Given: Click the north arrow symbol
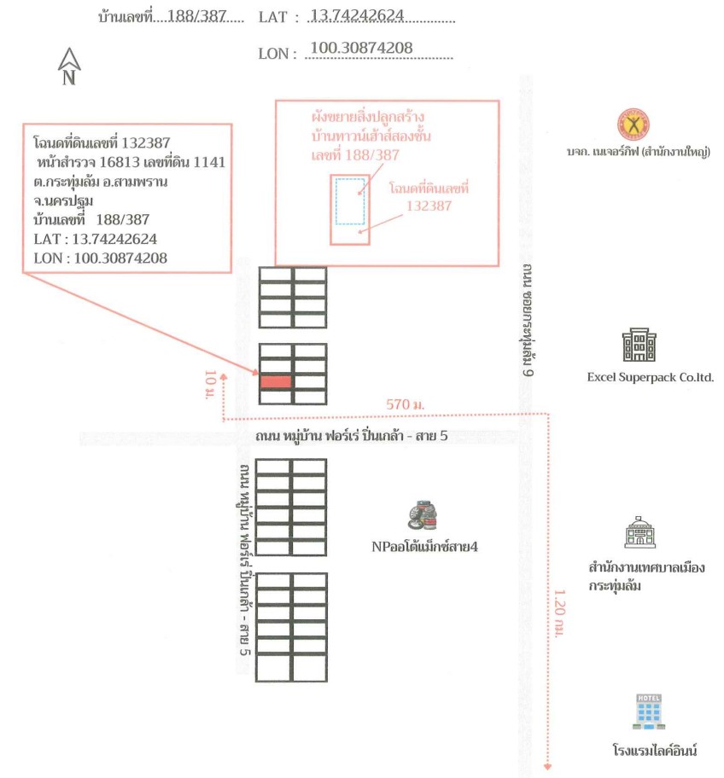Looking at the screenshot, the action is point(69,66).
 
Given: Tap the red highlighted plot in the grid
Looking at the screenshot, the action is point(276,381).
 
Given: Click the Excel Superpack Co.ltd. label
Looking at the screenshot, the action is point(650,378).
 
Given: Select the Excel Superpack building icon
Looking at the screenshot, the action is point(639,345).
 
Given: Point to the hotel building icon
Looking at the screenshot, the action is point(649,711).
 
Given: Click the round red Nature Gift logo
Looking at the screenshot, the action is point(633,124).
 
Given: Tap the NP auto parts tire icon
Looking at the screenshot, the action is point(423,516).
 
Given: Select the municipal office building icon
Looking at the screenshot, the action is point(639,532).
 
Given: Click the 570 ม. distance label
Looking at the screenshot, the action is point(406,404).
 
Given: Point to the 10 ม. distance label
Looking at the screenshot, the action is point(210,384).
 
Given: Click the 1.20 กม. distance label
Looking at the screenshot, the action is point(559,613).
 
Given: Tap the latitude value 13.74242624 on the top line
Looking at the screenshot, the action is point(357,15).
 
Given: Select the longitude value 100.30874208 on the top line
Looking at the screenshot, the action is point(361,48).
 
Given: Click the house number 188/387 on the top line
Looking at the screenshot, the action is point(196,16).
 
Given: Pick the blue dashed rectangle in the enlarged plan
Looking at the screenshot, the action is point(350,201).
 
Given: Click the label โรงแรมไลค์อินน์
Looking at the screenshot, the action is point(654,749).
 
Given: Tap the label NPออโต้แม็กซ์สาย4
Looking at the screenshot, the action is point(424,547).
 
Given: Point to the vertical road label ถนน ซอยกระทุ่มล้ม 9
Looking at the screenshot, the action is point(528,321).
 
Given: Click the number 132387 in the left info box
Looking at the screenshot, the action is point(145,143).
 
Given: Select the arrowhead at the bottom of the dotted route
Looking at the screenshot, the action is point(548,767).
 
